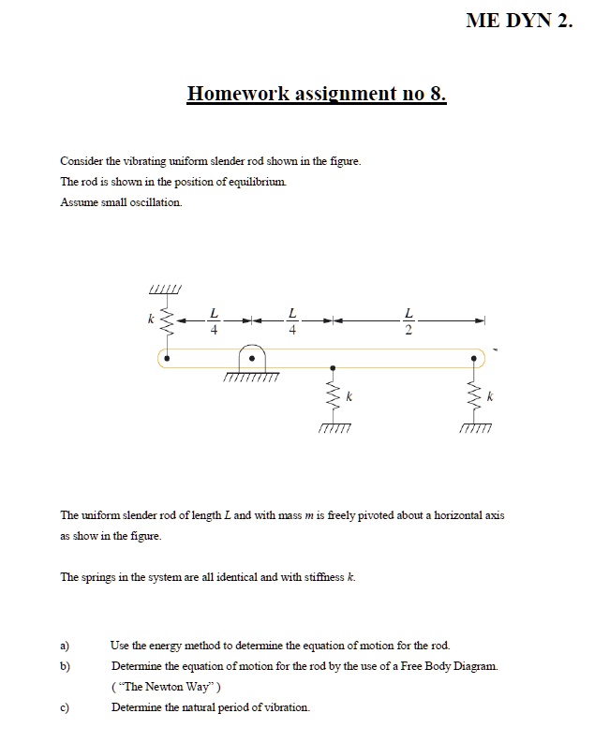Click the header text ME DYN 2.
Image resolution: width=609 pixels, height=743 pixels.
coord(517,22)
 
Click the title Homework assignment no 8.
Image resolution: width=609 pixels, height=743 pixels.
coord(317,94)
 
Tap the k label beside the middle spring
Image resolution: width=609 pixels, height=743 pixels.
coord(350,398)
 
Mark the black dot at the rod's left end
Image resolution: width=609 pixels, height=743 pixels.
coord(168,357)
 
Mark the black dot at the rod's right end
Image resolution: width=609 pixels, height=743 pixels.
coord(476,357)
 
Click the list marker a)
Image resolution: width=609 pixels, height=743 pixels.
coord(66,646)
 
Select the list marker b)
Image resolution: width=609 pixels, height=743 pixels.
coord(66,665)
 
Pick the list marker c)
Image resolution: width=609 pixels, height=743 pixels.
coord(66,706)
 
